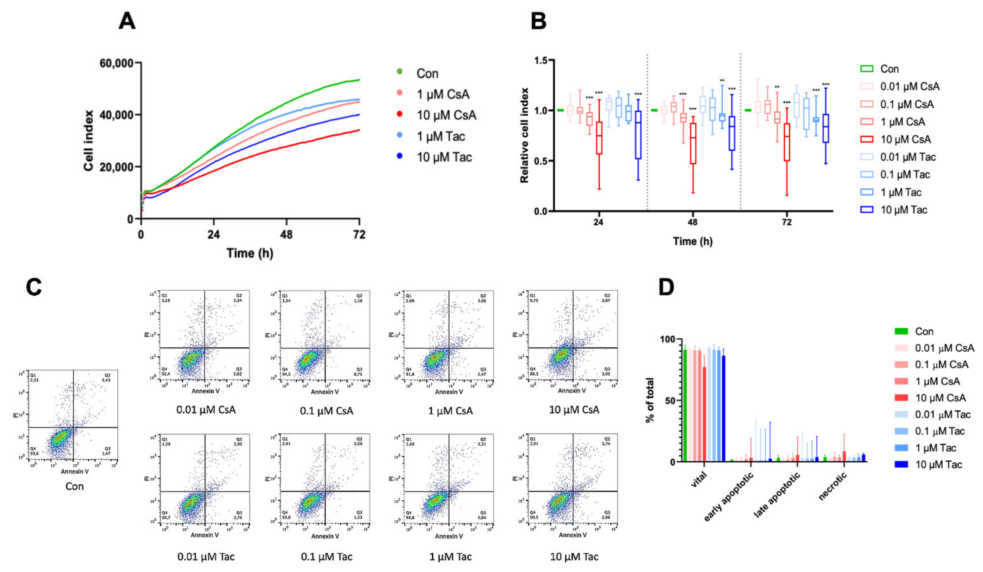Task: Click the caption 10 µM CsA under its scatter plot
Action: tap(574, 410)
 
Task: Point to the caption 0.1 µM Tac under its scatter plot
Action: tap(327, 556)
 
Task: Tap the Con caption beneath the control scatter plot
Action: tap(75, 486)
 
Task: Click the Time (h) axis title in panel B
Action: tap(693, 241)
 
